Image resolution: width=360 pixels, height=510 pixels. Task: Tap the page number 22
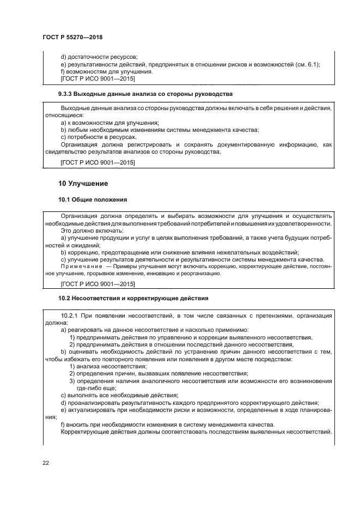click(x=46, y=463)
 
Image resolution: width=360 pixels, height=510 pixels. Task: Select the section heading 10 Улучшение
click(x=83, y=183)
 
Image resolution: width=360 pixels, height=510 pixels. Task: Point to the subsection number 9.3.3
click(x=68, y=94)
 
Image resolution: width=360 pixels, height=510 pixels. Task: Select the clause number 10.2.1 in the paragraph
click(x=70, y=315)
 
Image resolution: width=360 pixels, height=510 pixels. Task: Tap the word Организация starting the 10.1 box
click(x=80, y=216)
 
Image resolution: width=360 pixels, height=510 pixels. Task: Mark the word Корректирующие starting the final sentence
click(x=88, y=431)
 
